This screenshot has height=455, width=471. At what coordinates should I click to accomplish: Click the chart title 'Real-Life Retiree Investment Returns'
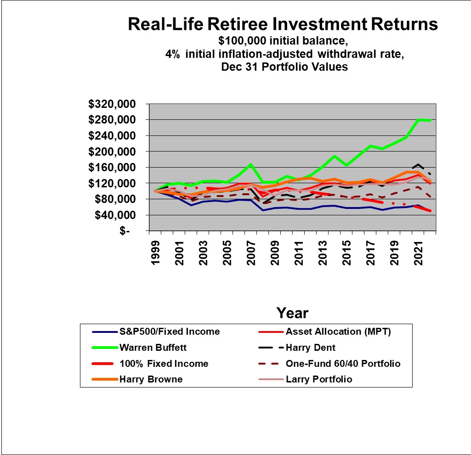[x=283, y=24]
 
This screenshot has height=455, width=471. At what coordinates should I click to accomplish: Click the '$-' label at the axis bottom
[x=125, y=231]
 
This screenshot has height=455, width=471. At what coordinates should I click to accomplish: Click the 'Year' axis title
[x=292, y=313]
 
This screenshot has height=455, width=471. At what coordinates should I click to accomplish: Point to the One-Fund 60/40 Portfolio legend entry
[x=343, y=364]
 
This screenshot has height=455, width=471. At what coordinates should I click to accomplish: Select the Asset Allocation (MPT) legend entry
[x=338, y=331]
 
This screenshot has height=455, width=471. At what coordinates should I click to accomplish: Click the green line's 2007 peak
[x=251, y=164]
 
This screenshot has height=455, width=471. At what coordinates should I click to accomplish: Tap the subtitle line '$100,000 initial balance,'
[x=283, y=40]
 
